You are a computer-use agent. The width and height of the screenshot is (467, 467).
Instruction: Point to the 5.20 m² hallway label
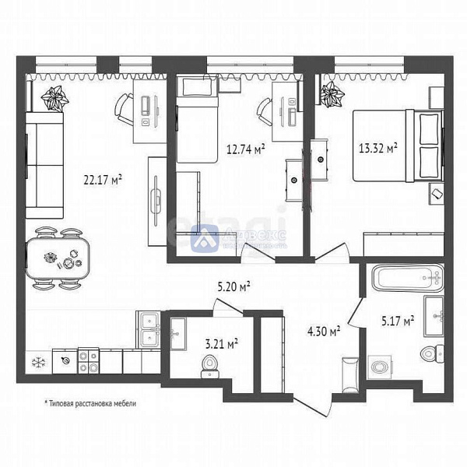[233, 288]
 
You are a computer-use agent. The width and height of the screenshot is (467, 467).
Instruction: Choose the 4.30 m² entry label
[324, 332]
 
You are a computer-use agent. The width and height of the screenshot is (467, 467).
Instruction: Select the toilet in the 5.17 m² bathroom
[430, 354]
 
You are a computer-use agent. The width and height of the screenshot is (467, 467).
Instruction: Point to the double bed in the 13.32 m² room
[397, 146]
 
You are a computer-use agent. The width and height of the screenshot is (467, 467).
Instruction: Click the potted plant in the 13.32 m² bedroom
[333, 97]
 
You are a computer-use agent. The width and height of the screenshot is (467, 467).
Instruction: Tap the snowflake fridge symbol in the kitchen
[37, 360]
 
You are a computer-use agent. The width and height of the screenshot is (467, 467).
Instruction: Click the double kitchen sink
[149, 328]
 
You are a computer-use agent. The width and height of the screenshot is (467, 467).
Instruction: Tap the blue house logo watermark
[207, 237]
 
